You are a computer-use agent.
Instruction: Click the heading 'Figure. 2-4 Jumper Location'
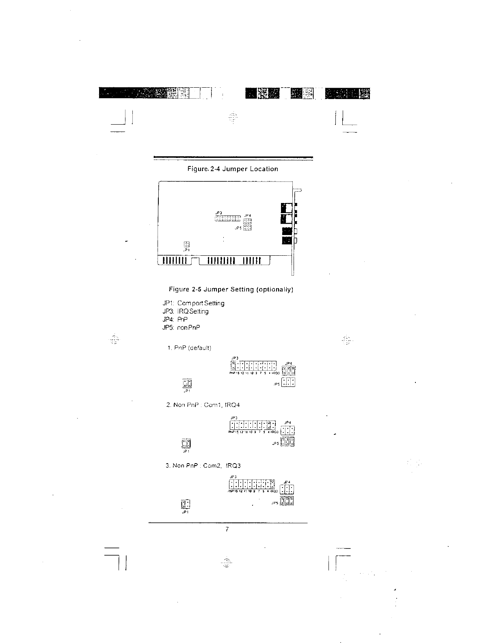pos(233,169)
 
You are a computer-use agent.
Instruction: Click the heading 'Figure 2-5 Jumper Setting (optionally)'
pos(231,289)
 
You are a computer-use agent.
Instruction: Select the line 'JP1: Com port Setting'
pos(193,303)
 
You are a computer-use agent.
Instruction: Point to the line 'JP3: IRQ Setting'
pos(186,311)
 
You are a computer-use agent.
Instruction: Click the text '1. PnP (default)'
pos(190,348)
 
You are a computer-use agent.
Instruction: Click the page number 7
pos(227,529)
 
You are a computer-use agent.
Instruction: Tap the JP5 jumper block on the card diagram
pos(248,227)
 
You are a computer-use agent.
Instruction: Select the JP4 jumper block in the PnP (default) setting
pos(289,371)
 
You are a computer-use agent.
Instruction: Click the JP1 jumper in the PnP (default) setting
pos(187,383)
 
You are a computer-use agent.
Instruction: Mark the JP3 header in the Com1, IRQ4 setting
pos(253,425)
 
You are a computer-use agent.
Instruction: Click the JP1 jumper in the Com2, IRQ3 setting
pos(185,505)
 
